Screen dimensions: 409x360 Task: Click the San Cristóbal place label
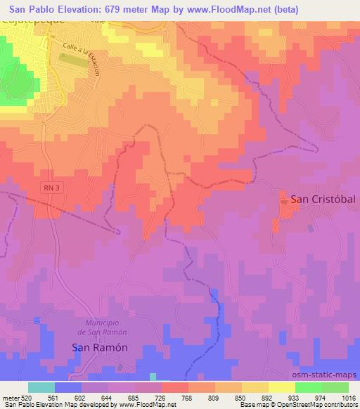tap(320, 200)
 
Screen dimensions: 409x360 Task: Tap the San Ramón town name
tap(101, 347)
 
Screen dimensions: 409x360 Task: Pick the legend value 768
tap(188, 398)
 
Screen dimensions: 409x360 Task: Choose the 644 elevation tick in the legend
tap(108, 398)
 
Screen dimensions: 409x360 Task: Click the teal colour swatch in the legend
tap(41, 387)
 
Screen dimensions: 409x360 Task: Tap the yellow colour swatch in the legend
tap(282, 387)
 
